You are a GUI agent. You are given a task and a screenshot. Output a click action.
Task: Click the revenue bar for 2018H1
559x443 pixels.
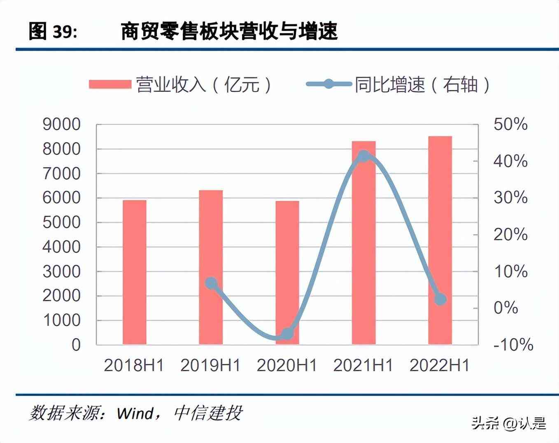135,272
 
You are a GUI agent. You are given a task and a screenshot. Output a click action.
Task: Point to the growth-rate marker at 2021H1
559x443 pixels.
363,156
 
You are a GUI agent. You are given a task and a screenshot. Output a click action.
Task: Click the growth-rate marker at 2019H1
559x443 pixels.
211,283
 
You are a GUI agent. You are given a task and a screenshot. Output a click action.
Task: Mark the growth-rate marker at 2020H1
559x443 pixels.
287,333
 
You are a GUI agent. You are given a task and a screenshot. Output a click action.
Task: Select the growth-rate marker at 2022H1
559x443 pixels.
440,299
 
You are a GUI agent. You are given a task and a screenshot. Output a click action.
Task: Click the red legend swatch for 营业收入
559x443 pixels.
109,84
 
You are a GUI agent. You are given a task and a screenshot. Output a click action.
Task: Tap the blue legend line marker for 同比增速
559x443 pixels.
328,84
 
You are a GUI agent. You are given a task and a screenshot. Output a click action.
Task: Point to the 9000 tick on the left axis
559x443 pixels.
62,124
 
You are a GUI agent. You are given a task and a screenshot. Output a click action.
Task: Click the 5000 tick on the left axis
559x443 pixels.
62,222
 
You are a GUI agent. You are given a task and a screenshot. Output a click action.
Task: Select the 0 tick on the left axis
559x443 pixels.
76,345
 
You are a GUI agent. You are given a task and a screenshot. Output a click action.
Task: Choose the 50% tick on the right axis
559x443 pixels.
510,124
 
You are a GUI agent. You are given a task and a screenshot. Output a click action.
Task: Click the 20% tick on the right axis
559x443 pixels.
510,235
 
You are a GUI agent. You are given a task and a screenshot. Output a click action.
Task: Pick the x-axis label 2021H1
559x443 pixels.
363,366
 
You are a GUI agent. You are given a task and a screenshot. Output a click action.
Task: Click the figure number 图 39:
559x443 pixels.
53,32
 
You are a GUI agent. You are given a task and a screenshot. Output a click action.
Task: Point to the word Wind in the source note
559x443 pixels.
135,413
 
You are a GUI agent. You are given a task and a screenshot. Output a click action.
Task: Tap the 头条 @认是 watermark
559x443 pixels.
509,423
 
